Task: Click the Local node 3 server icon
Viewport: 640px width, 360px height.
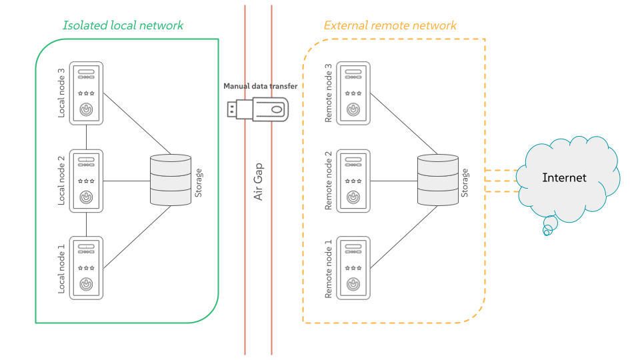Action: coord(87,93)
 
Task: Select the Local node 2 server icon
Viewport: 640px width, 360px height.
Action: coord(87,181)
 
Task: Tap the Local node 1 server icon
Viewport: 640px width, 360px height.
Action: coord(87,267)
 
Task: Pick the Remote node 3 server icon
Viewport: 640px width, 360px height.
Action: coord(353,93)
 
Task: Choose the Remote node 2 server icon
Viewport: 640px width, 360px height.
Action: coord(353,181)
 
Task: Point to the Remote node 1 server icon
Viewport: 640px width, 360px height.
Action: coord(353,267)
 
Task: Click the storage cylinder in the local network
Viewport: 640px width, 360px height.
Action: coord(171,180)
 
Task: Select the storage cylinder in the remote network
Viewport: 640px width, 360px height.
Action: coord(438,180)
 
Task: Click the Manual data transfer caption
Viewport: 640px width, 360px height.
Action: coord(260,87)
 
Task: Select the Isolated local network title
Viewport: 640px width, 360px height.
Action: coord(123,26)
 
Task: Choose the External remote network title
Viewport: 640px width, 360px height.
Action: coord(390,26)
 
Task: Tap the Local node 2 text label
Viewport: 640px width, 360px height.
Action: coord(61,181)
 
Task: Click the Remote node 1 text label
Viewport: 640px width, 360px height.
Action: coord(328,268)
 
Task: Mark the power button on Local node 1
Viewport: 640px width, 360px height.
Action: coord(87,283)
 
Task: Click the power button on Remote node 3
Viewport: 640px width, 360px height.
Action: coord(353,109)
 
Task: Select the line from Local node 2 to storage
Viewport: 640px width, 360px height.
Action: coord(127,181)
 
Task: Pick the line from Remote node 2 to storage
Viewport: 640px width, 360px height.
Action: coord(393,181)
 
